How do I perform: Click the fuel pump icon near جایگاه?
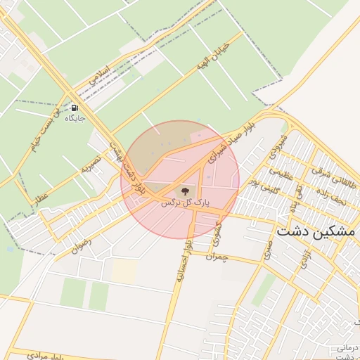pos(75,108)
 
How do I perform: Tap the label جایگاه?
pos(75,119)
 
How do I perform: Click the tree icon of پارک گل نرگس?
pos(184,190)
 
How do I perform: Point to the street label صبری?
pos(268,251)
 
